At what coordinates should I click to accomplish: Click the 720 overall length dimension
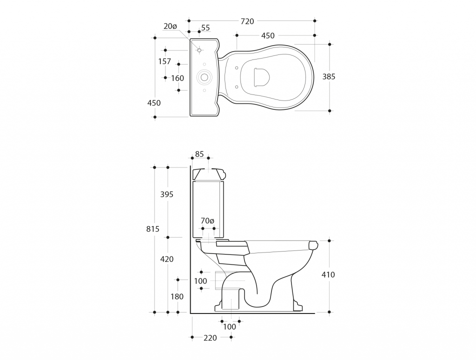click(x=247, y=21)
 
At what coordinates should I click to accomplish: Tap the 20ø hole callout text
click(x=170, y=27)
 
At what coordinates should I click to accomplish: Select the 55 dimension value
click(x=205, y=27)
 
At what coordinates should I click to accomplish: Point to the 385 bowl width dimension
click(x=329, y=77)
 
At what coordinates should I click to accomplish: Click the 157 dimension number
click(x=165, y=61)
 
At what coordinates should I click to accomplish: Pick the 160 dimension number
click(x=177, y=78)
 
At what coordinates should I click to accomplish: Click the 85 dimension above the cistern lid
click(x=199, y=154)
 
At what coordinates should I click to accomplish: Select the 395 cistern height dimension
click(x=167, y=194)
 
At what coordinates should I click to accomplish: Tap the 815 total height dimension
click(x=152, y=229)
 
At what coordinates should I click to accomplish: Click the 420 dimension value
click(x=167, y=259)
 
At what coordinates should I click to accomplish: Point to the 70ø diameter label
click(x=208, y=221)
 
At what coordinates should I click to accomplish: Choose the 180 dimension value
click(x=177, y=296)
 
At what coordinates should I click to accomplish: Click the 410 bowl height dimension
click(x=328, y=274)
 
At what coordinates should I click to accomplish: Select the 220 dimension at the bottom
click(x=210, y=338)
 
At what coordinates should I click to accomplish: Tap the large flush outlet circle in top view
click(x=205, y=77)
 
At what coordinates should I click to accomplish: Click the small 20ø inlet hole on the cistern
click(x=199, y=50)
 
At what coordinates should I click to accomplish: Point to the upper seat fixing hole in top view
click(x=237, y=68)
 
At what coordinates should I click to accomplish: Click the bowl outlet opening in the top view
click(x=261, y=77)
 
